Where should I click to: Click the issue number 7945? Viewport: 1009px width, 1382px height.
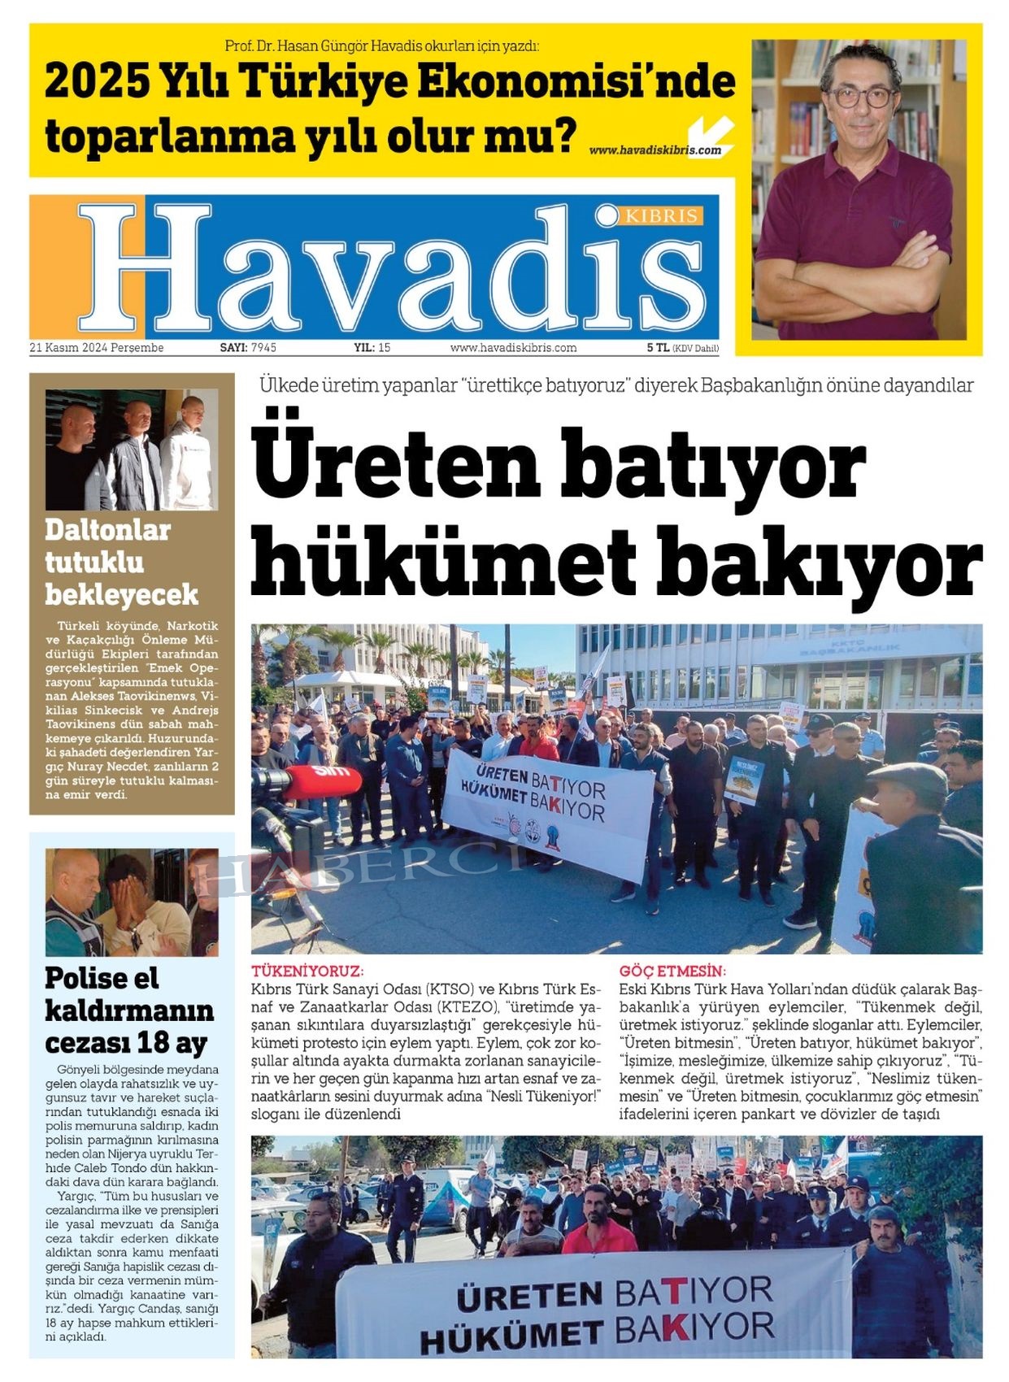point(263,348)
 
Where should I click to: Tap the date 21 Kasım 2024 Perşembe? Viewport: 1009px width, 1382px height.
point(96,348)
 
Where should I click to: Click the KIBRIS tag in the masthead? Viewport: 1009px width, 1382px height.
point(661,216)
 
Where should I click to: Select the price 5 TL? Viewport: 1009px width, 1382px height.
point(658,348)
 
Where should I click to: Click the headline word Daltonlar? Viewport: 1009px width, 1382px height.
point(107,530)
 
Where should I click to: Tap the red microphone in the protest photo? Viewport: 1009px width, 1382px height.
point(322,780)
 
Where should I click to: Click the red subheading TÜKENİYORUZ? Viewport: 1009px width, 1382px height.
point(307,971)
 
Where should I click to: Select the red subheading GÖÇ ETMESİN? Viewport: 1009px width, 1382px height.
point(672,971)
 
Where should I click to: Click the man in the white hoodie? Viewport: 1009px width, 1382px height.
point(189,455)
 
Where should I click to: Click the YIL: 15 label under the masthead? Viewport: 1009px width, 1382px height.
point(372,348)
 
